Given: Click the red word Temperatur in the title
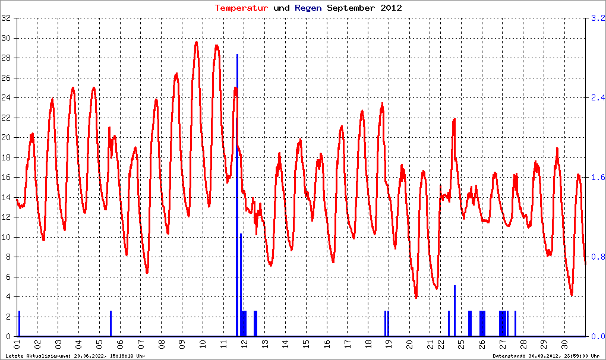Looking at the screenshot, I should (241, 8).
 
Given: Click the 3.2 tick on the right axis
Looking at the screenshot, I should (597, 18).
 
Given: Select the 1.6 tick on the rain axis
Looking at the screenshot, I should (597, 178).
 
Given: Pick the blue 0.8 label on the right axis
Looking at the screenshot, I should (597, 257).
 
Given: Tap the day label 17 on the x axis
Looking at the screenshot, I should (348, 344).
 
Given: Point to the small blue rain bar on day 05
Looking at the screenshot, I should (111, 324).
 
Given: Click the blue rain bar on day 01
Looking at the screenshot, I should (19, 324).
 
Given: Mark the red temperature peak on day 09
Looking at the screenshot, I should (196, 43).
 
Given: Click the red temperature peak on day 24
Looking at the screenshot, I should (454, 119).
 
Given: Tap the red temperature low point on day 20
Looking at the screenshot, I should (416, 296).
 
